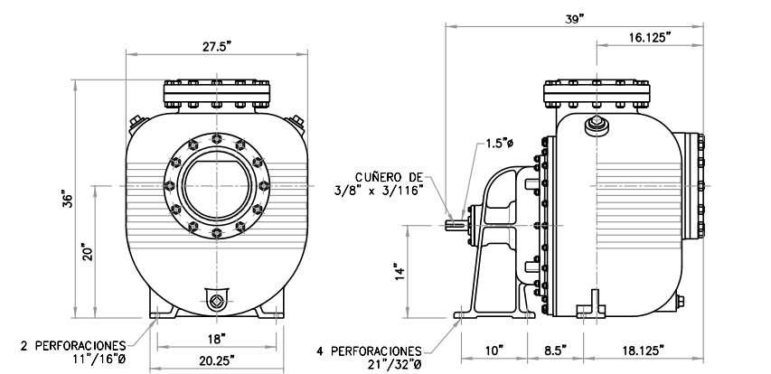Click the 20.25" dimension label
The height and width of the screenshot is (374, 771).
coord(216,359)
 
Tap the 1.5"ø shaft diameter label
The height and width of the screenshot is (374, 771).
coord(499,143)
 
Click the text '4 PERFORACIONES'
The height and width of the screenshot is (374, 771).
coord(370,349)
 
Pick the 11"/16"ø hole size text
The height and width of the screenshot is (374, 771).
coord(97,360)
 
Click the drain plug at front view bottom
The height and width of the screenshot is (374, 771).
coord(216,302)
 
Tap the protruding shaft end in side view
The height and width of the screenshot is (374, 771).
coord(455,225)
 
